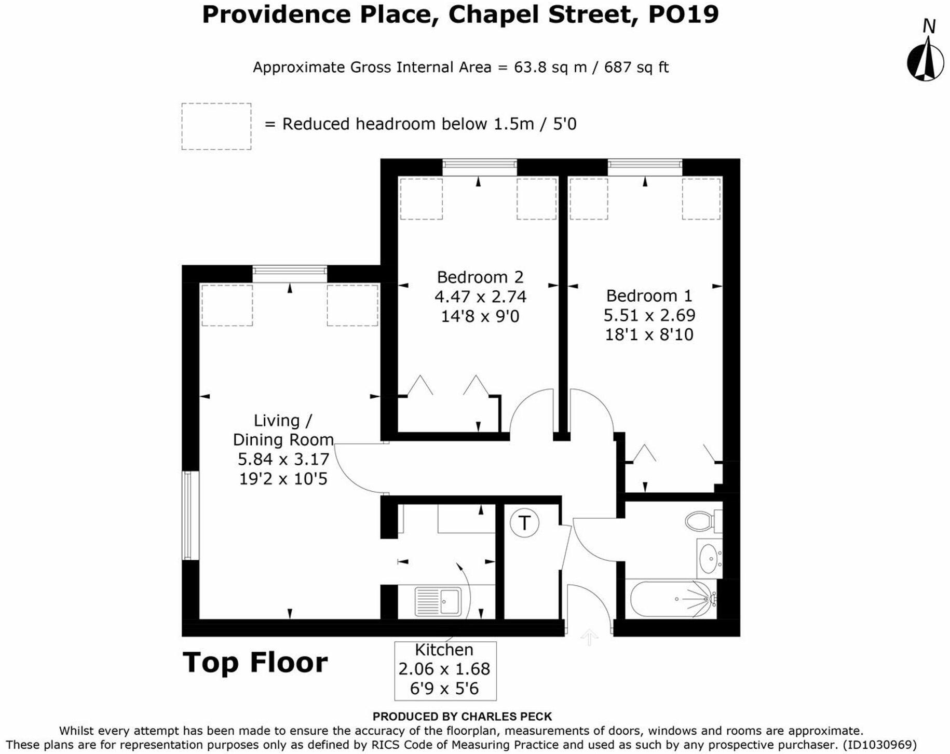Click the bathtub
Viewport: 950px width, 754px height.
click(x=672, y=599)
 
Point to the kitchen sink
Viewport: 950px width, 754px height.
click(x=438, y=601)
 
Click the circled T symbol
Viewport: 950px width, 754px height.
click(x=524, y=523)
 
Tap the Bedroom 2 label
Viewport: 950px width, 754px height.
click(x=480, y=277)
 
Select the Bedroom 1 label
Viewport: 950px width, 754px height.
click(x=649, y=295)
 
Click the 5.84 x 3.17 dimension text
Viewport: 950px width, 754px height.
click(x=283, y=459)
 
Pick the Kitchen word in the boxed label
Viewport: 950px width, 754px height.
click(x=444, y=650)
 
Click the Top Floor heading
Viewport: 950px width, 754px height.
click(x=255, y=663)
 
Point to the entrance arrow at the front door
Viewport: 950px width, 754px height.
click(x=589, y=637)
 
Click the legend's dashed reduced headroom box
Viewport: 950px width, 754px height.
click(x=216, y=127)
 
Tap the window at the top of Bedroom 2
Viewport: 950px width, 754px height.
click(x=480, y=167)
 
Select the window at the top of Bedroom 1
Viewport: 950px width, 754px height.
click(x=645, y=167)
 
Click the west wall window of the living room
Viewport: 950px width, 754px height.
click(x=191, y=515)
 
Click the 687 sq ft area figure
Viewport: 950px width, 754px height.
click(x=636, y=68)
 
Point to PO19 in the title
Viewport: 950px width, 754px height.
click(x=683, y=14)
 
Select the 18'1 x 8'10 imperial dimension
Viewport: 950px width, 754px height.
click(x=649, y=334)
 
